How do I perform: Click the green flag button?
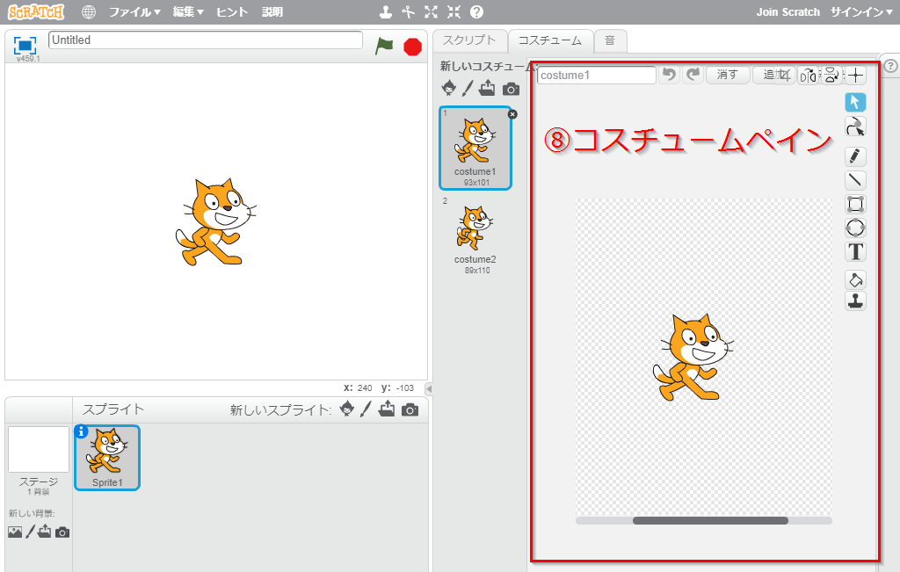tap(384, 46)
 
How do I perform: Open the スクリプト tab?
tap(469, 40)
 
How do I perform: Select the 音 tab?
tap(609, 40)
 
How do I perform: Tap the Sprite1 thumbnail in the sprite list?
tap(107, 456)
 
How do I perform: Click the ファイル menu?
tap(134, 12)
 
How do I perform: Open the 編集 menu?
tap(188, 12)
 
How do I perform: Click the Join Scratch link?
tap(787, 12)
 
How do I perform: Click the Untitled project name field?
tap(206, 40)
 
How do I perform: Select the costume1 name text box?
tap(596, 76)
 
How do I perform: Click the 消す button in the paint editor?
tap(727, 76)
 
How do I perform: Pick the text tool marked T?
tap(855, 252)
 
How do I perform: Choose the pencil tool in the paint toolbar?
tap(855, 156)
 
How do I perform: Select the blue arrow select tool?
tap(855, 102)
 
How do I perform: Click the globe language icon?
tap(89, 12)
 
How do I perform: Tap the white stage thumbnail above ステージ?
tap(39, 449)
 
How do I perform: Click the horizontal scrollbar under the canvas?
tap(709, 520)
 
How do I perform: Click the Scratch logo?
tap(34, 12)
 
